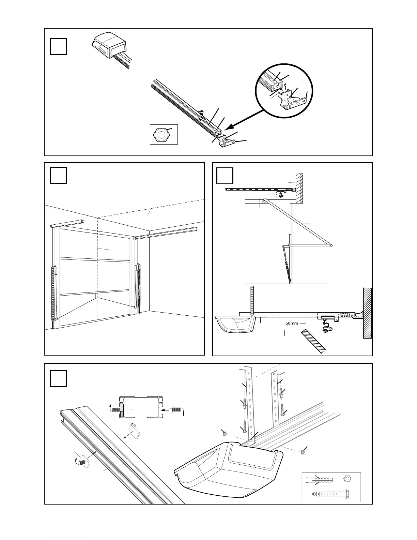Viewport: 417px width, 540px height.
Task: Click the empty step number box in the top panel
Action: pos(58,47)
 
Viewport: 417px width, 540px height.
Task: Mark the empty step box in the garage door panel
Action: pos(58,176)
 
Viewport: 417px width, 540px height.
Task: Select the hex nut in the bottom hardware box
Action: pos(347,478)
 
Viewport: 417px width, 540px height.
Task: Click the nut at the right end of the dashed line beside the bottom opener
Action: pos(303,452)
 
